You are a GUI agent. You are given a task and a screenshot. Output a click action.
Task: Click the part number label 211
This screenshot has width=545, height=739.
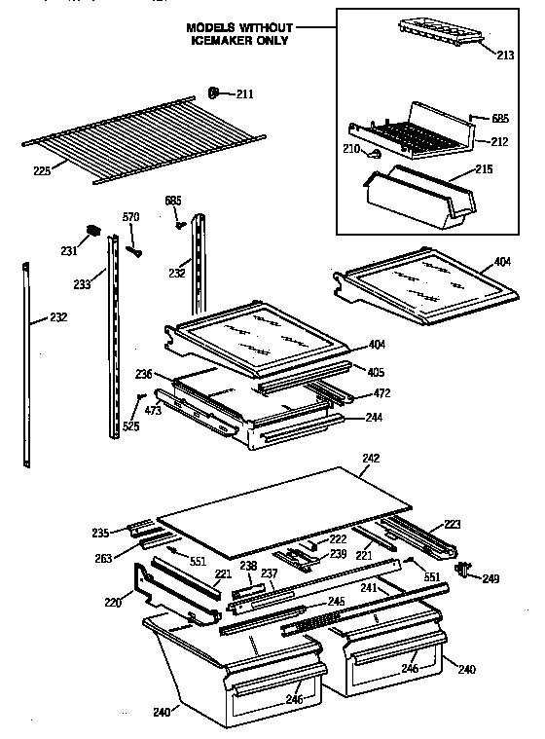[x=243, y=94]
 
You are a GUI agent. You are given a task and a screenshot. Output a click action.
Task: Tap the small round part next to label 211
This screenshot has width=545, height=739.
[x=212, y=93]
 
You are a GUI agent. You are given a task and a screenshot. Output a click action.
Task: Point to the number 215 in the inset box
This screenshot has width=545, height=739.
[x=484, y=169]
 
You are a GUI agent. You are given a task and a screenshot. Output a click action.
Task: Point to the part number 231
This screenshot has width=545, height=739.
[x=68, y=250]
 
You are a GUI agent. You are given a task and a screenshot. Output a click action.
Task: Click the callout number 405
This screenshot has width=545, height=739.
[x=378, y=371]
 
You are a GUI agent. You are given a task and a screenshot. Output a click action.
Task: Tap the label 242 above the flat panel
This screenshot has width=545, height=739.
[x=370, y=458]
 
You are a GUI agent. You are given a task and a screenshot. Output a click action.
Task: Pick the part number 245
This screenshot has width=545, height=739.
[x=336, y=601]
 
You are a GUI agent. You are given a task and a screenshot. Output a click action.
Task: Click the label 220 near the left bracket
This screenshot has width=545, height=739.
[x=114, y=603]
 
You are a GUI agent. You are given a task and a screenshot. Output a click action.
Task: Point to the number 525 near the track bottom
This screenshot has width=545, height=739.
[x=129, y=426]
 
